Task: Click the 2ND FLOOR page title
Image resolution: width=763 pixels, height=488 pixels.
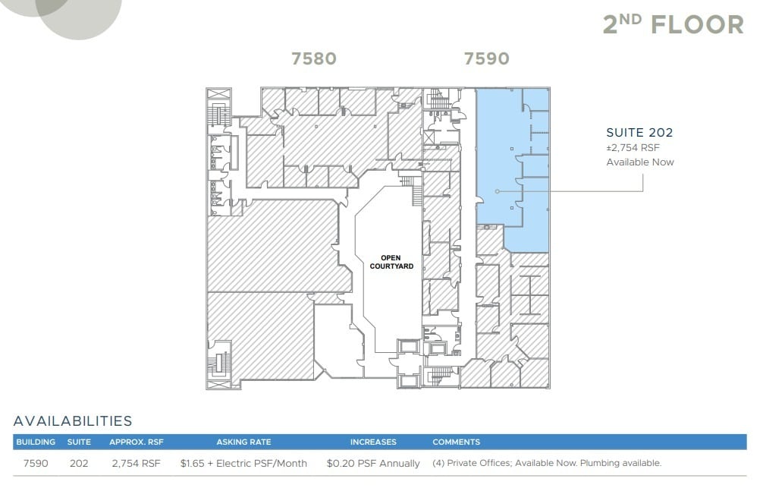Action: (673, 24)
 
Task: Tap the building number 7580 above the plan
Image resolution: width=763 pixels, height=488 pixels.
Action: (314, 58)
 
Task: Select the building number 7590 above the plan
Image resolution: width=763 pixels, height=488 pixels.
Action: (486, 58)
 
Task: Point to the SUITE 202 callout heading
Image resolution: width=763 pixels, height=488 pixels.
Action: (639, 133)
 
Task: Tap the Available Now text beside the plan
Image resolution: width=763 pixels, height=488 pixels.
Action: (639, 162)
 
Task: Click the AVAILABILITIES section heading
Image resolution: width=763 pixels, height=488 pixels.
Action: (73, 421)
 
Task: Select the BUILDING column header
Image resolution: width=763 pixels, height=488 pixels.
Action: (36, 442)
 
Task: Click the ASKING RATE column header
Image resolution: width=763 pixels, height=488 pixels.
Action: (243, 442)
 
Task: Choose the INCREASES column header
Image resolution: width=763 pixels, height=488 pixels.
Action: (373, 442)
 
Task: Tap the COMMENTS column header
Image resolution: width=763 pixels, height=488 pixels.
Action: (456, 442)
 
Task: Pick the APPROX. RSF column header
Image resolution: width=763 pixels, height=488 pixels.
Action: (136, 442)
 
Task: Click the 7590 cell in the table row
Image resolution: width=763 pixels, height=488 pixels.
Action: (36, 462)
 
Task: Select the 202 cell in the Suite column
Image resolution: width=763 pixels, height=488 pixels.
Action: (79, 462)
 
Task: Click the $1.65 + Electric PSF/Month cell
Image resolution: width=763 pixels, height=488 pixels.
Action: (243, 462)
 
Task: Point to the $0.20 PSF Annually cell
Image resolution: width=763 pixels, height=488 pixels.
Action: (373, 462)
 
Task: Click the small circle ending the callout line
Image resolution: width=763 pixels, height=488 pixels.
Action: (497, 191)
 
